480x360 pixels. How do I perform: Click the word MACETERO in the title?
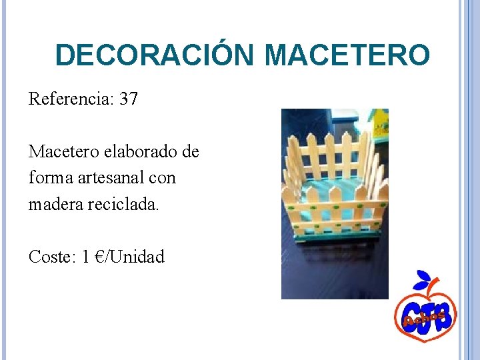point(347,55)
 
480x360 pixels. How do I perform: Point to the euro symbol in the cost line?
point(103,257)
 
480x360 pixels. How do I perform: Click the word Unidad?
point(139,257)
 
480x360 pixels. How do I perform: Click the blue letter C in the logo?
point(407,313)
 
